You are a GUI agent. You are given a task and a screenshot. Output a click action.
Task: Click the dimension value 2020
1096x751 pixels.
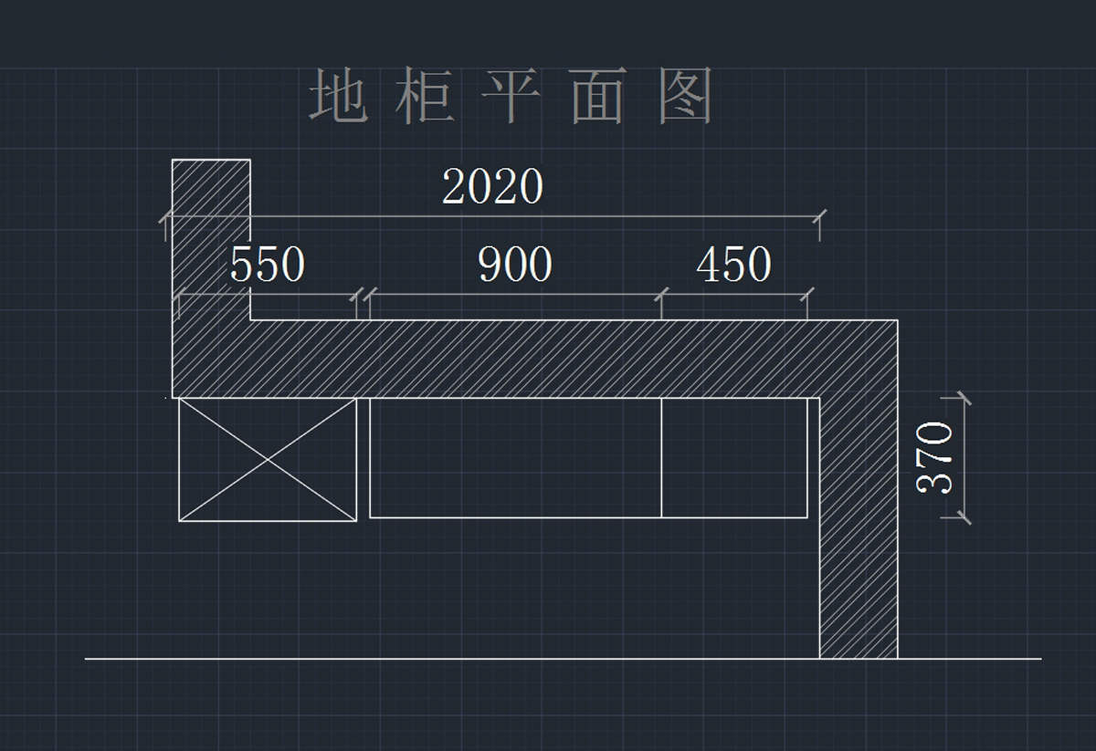[x=492, y=188]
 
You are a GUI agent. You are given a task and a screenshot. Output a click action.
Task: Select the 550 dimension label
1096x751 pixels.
[x=267, y=266]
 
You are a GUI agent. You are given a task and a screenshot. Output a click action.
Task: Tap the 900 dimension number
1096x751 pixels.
[x=515, y=266]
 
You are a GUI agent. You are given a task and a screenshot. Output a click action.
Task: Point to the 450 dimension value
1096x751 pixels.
[x=733, y=266]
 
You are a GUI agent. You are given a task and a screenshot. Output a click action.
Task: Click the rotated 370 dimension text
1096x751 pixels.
[x=935, y=457]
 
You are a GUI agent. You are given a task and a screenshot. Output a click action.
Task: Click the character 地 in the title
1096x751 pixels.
[x=337, y=97]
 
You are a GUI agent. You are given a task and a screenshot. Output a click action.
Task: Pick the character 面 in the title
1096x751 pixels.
[x=597, y=97]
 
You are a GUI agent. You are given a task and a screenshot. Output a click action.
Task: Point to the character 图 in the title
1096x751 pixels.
[x=685, y=97]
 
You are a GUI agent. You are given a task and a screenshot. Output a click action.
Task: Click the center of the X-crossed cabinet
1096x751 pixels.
[x=268, y=460]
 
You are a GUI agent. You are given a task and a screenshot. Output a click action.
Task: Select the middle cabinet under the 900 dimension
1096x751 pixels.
[x=515, y=457]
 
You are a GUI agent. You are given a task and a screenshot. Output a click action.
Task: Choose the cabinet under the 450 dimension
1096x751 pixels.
[x=734, y=457]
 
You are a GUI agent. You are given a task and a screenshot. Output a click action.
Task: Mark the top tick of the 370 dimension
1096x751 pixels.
[x=962, y=398]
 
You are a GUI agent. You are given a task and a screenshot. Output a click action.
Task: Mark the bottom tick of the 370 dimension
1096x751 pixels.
[x=962, y=517]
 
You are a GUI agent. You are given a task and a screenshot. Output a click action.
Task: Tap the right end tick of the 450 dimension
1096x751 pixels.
[x=807, y=295]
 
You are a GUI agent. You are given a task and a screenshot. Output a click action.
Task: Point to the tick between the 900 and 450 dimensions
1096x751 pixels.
[x=661, y=295]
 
